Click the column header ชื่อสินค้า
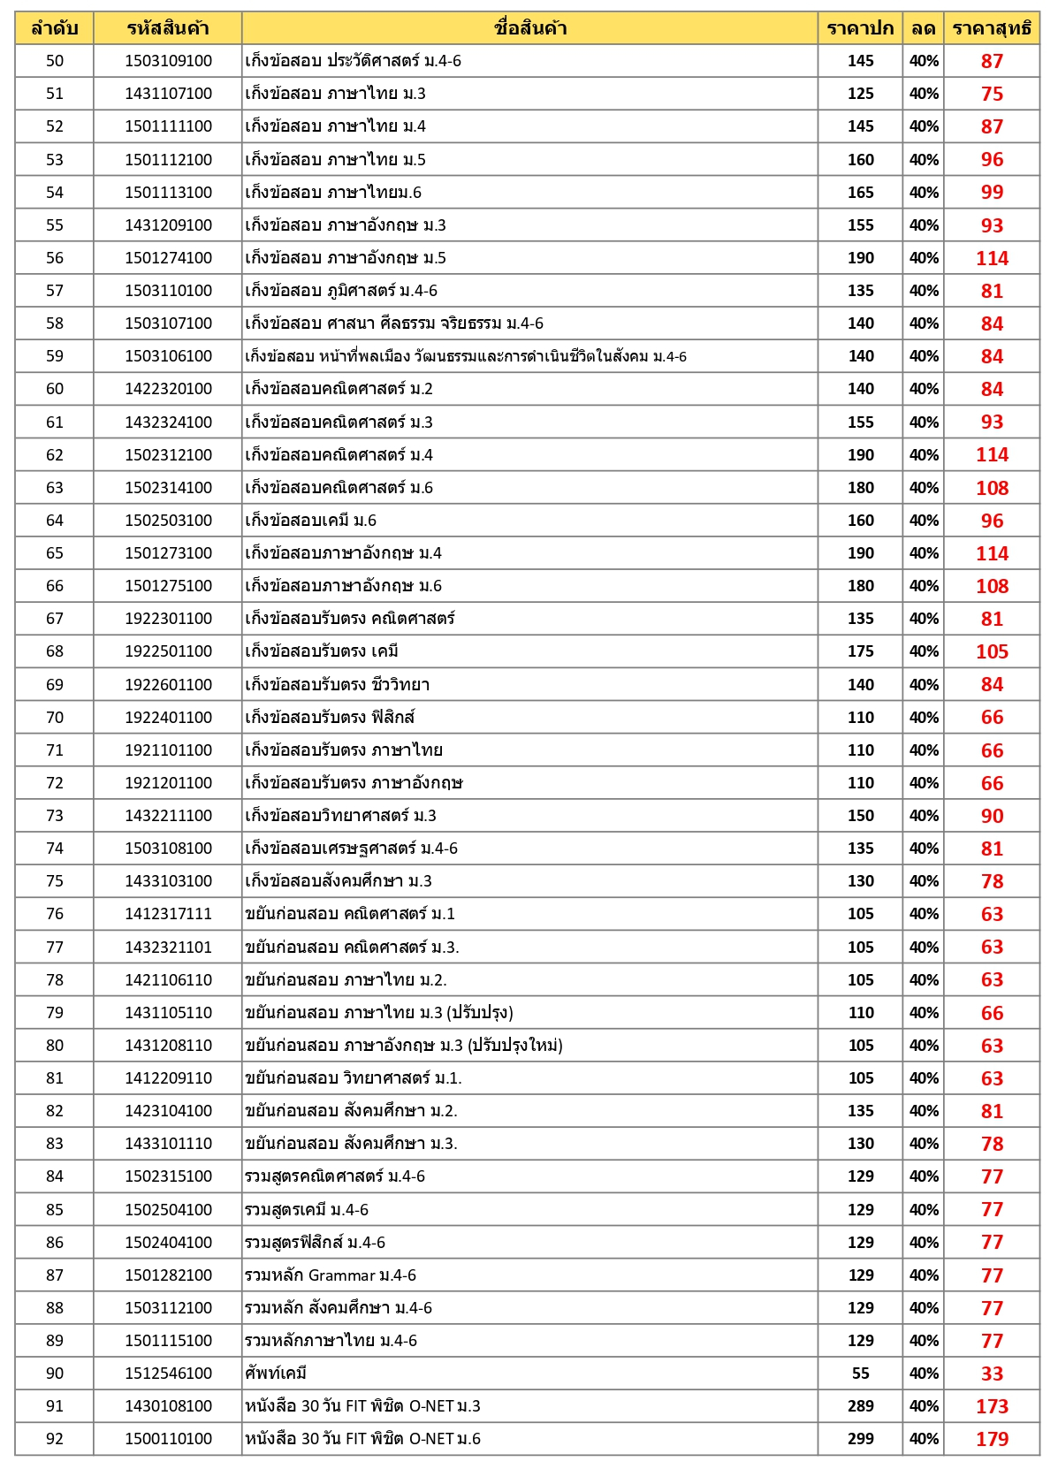529,28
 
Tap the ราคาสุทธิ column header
991,28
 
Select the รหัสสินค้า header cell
168,28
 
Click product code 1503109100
168,61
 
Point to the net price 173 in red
992,1406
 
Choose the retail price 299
860,1439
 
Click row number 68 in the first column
55,651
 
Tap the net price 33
992,1374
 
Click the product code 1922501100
168,651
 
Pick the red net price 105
992,651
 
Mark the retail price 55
860,1374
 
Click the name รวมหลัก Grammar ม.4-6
331,1275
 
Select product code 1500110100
168,1439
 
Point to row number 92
55,1439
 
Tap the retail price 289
860,1406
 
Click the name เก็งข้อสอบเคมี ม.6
311,521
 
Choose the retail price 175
860,651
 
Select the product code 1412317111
168,914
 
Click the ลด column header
923,28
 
